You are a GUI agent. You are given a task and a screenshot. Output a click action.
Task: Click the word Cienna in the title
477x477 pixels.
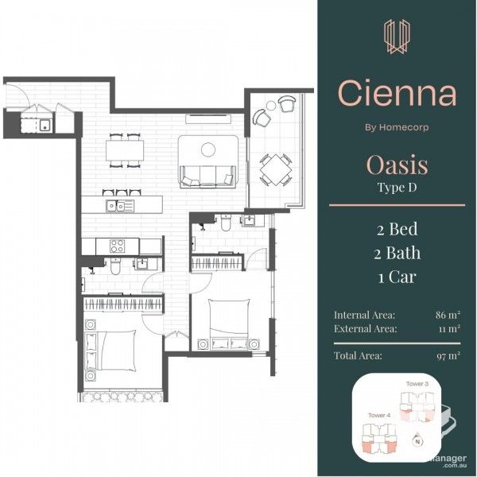[x=397, y=94]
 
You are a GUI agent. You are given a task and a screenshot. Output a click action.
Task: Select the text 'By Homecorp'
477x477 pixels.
[x=397, y=126]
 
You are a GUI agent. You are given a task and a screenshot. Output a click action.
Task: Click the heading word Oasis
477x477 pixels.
[x=397, y=165]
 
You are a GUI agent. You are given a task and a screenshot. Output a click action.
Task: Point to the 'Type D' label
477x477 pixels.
[x=397, y=188]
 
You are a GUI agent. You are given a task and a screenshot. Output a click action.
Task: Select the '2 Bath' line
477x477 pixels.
[x=397, y=254]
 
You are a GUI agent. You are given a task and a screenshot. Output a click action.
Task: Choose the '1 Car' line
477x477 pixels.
[x=397, y=277]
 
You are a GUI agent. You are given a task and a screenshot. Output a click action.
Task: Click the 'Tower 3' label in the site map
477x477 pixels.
[x=417, y=384]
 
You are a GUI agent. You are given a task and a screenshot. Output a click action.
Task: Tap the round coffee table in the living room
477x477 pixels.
[x=208, y=149]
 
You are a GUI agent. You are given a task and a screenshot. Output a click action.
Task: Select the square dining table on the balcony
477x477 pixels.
[x=274, y=168]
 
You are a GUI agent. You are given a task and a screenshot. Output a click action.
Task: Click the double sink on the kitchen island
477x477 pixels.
[x=120, y=207]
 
